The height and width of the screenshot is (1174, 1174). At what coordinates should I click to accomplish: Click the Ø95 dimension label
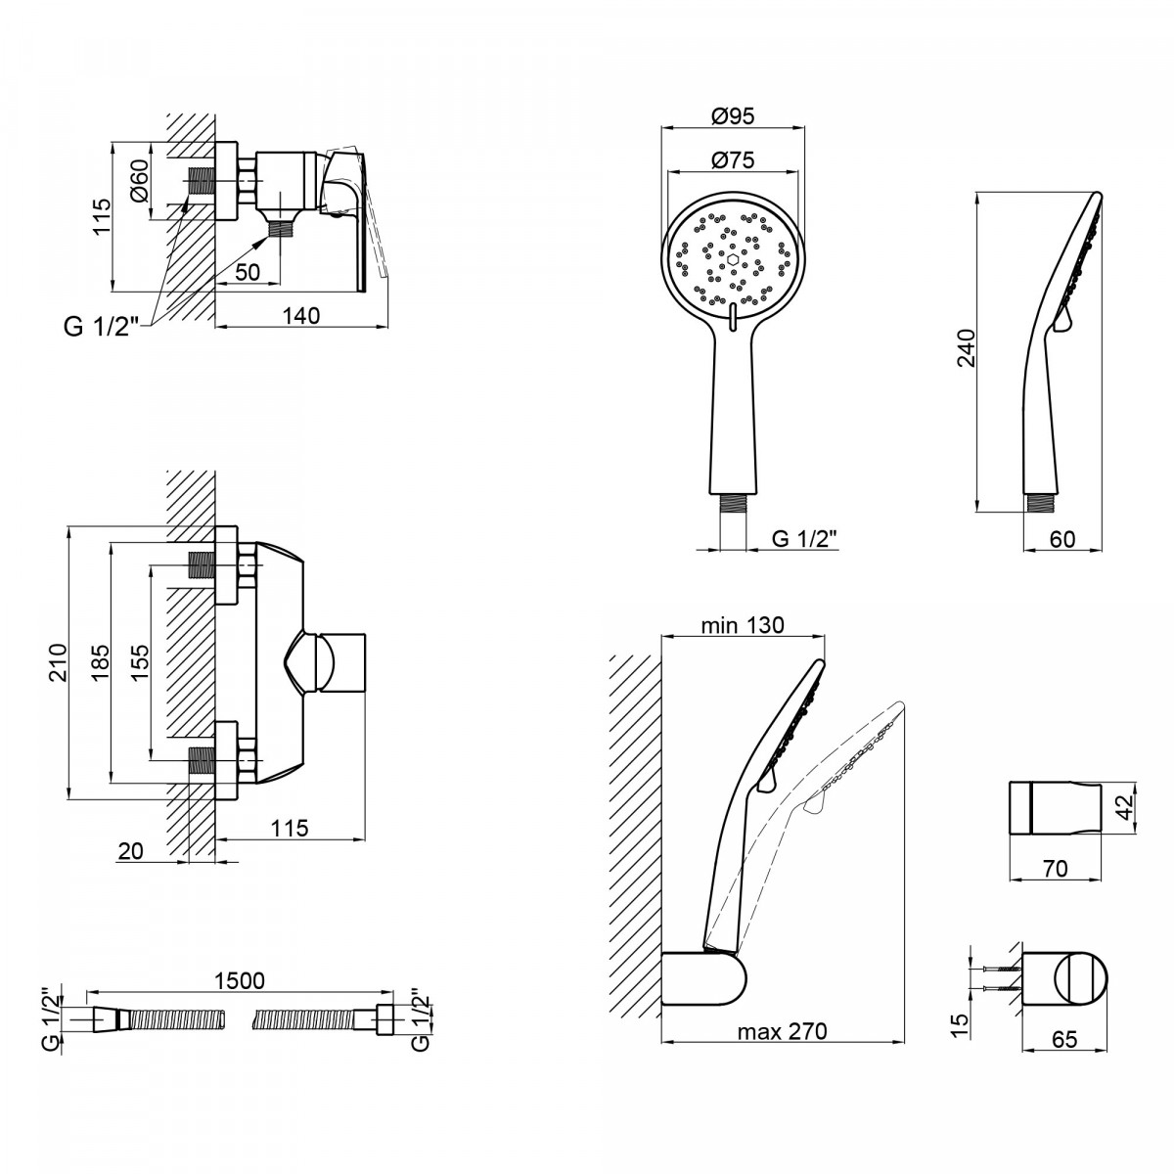(733, 115)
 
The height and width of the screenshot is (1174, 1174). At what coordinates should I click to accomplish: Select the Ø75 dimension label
(733, 159)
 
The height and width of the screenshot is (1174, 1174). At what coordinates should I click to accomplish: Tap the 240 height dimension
(966, 347)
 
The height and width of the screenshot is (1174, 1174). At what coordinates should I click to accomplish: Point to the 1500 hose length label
(240, 980)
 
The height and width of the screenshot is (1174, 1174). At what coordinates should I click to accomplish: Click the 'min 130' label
(742, 625)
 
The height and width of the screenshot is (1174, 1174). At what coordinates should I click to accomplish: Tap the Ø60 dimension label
(139, 180)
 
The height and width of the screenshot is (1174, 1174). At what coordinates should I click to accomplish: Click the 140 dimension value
(301, 316)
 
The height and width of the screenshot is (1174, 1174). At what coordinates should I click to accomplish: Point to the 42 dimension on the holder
(1126, 806)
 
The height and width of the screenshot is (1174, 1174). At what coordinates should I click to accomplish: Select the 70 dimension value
(1056, 868)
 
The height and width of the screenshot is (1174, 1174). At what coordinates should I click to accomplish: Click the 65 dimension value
(1064, 1039)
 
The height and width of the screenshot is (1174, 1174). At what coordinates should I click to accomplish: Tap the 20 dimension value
(130, 850)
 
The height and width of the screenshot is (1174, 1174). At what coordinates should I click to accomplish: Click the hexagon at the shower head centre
(733, 259)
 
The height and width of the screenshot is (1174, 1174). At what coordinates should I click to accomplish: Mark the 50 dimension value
(248, 272)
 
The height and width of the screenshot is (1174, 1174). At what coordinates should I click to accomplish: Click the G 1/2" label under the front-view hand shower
(804, 538)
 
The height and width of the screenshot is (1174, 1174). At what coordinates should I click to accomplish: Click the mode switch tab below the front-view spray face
(733, 317)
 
